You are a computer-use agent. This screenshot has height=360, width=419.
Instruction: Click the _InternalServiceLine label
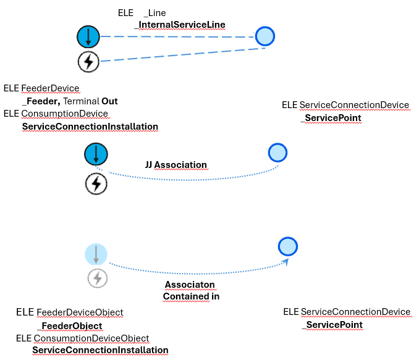[x=180, y=25]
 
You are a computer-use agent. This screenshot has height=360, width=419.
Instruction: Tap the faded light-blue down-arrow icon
[x=96, y=254]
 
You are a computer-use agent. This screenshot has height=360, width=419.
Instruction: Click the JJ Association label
[x=176, y=165]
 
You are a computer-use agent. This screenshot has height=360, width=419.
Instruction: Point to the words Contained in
[x=191, y=296]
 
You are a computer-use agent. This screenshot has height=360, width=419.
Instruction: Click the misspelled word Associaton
[x=190, y=285]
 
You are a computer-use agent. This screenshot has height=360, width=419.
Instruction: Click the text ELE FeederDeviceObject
[x=69, y=313]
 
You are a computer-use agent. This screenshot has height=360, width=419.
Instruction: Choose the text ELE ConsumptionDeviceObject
[x=82, y=338]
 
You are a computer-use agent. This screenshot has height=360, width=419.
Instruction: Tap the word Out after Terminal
[x=109, y=101]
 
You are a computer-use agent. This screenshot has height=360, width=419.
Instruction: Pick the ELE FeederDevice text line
[x=41, y=88]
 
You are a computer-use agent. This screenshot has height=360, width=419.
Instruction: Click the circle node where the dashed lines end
[x=265, y=36]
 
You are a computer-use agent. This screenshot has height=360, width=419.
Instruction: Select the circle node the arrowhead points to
[x=288, y=247]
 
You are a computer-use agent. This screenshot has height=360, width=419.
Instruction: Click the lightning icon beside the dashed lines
[x=88, y=61]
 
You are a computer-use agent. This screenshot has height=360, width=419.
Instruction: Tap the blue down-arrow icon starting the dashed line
[x=88, y=37]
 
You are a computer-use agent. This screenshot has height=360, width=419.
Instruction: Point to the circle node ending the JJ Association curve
[x=277, y=152]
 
